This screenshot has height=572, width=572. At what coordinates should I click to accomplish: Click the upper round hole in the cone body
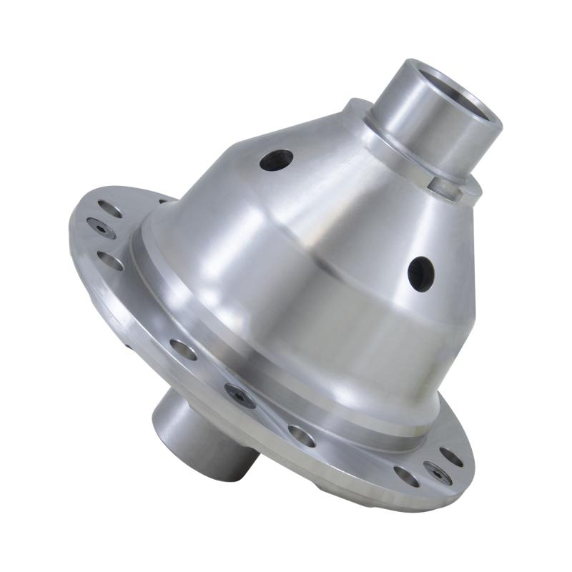277,159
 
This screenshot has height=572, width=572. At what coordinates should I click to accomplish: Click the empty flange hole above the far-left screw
109,209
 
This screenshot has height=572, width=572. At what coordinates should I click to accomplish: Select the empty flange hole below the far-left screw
109,260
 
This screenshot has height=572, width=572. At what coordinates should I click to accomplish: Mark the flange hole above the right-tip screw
450,455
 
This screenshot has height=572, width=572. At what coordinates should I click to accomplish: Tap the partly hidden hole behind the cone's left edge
163,202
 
